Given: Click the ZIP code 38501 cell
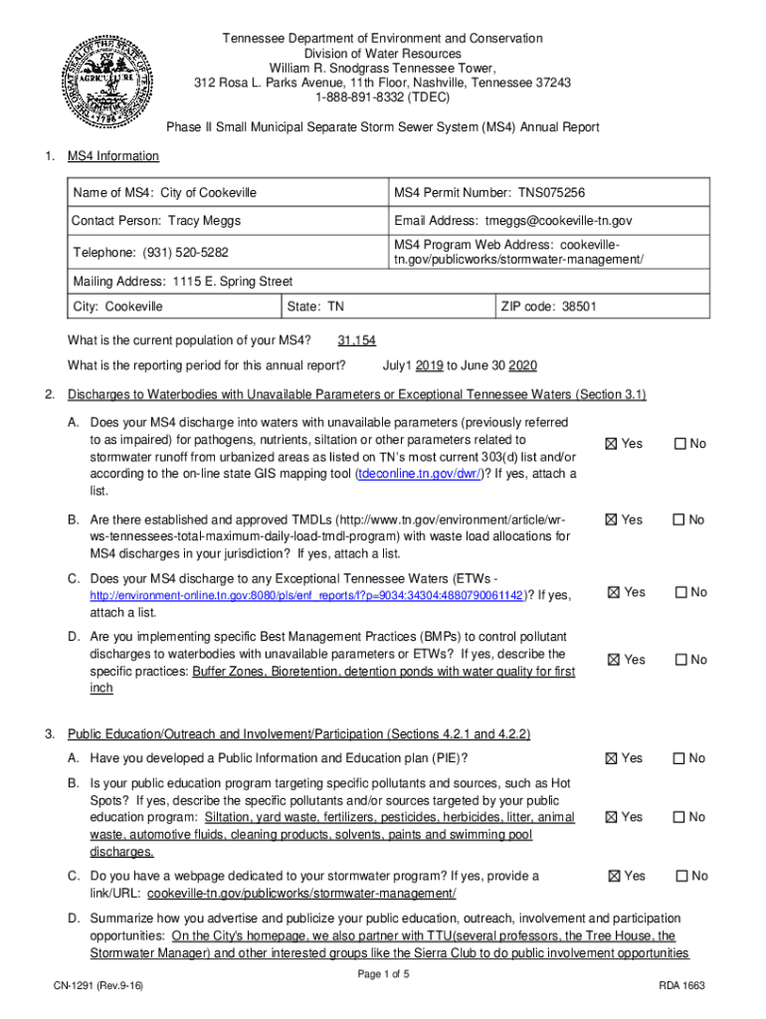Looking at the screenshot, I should pyautogui.click(x=549, y=307).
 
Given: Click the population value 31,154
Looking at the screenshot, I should pyautogui.click(x=357, y=340).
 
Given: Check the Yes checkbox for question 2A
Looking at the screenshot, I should pyautogui.click(x=614, y=444).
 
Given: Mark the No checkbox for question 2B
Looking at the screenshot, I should pyautogui.click(x=680, y=519).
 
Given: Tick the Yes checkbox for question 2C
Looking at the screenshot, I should pyautogui.click(x=615, y=593).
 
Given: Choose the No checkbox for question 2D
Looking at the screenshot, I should pyautogui.click(x=680, y=660).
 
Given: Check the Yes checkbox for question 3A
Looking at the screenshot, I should pyautogui.click(x=614, y=758).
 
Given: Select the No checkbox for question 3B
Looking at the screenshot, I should pyautogui.click(x=680, y=817).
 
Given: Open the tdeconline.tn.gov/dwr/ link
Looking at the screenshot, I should pyautogui.click(x=421, y=475).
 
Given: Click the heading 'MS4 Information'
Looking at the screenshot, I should pyautogui.click(x=112, y=156).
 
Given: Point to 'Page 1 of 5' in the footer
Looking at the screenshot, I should pyautogui.click(x=383, y=974).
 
